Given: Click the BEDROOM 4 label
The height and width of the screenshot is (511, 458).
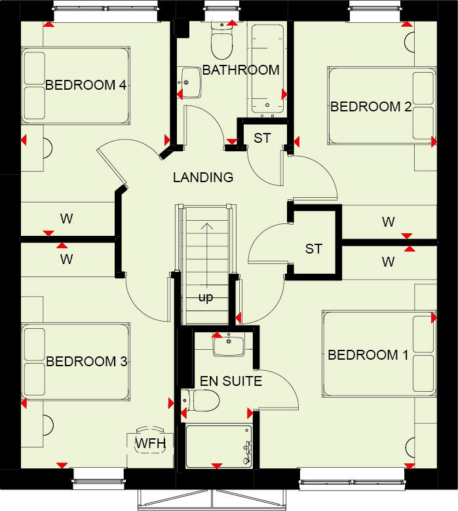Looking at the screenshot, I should click(85, 85).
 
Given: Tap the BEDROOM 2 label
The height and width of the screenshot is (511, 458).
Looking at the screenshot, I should click(371, 107).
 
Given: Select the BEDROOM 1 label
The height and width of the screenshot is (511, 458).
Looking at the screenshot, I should click(368, 355).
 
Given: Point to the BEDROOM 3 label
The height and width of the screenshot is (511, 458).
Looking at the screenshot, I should click(86, 362).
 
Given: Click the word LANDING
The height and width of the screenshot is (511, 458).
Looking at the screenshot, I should click(203, 177).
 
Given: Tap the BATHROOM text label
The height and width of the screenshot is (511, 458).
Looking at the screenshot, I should click(240, 70).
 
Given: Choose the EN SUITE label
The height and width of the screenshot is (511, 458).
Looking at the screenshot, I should click(230, 381).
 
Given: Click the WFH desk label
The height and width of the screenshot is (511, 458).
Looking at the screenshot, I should click(150, 444).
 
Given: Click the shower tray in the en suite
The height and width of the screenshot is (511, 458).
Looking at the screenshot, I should click(219, 446).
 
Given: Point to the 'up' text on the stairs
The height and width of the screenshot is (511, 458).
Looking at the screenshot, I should click(206, 298).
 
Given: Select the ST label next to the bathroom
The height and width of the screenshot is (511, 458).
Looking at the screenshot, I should click(262, 138).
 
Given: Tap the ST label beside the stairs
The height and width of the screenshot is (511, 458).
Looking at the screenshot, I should click(314, 249).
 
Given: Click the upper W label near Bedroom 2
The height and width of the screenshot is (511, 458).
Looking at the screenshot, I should click(389, 222).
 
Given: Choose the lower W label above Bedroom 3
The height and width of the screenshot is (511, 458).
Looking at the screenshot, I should click(66, 259).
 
